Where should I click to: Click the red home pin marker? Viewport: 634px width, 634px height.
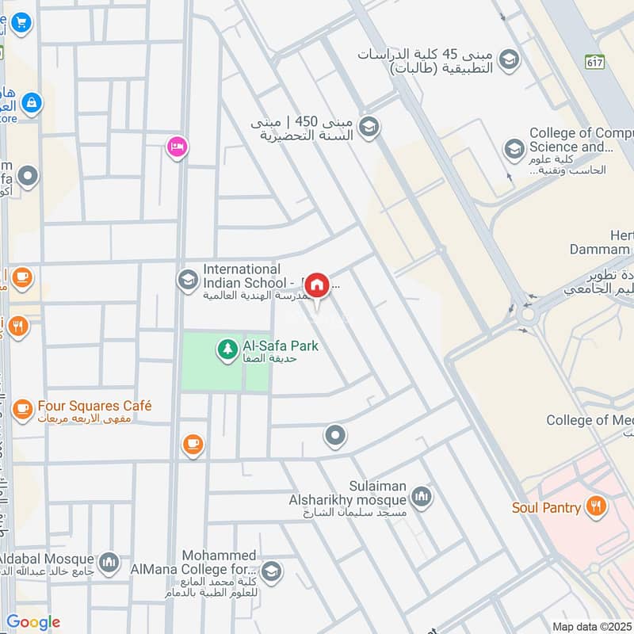[317, 285]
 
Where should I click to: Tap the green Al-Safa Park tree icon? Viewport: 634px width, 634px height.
[227, 348]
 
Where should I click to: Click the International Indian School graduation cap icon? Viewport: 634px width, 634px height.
[188, 281]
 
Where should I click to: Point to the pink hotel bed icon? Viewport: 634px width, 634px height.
[177, 147]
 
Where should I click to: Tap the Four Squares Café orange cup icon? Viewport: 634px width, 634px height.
[22, 409]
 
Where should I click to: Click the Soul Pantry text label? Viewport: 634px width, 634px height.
[546, 506]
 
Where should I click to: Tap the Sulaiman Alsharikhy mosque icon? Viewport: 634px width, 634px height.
[421, 498]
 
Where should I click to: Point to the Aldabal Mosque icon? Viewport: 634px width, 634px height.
[109, 561]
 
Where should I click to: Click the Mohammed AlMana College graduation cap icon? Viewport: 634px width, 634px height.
[271, 572]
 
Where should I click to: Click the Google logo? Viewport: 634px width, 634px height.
[32, 622]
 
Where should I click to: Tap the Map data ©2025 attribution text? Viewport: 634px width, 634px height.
[591, 626]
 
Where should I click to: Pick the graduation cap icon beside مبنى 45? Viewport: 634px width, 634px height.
[509, 59]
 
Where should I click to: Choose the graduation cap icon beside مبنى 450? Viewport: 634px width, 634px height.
[368, 126]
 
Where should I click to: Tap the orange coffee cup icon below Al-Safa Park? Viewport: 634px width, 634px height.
[192, 445]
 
